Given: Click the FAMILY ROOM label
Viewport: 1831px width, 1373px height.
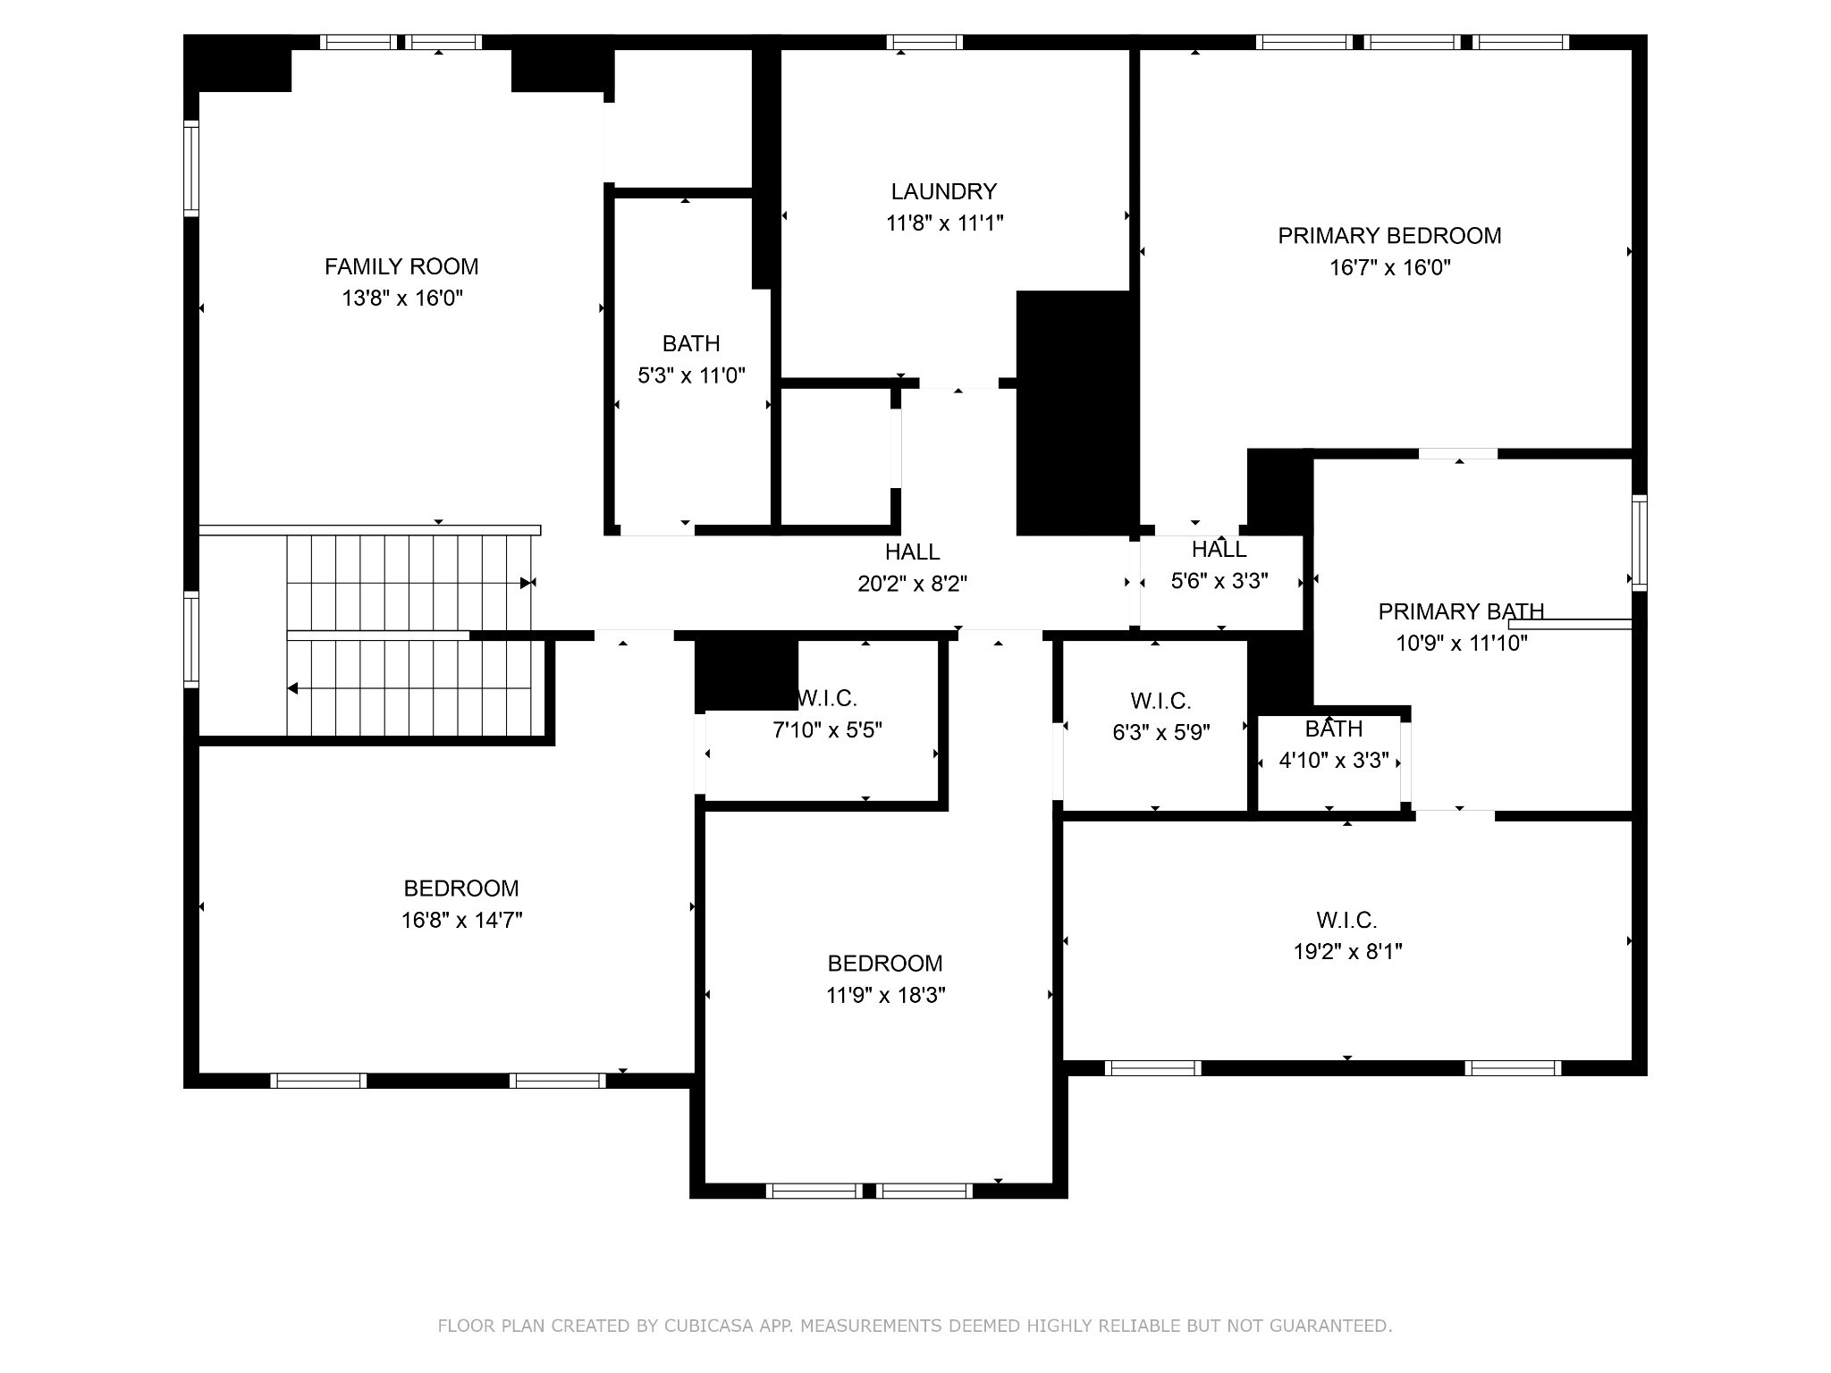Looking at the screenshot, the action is [x=401, y=266].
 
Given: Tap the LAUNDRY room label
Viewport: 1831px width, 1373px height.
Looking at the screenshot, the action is [x=943, y=191].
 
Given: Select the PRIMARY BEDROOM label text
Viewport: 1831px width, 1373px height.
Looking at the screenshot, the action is [x=1389, y=236].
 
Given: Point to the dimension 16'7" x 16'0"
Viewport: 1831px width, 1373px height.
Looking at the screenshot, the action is [x=1389, y=267].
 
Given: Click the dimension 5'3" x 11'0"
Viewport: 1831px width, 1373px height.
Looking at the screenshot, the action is [x=691, y=375].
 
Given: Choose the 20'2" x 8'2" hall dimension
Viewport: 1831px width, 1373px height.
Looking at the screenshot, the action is [x=912, y=584].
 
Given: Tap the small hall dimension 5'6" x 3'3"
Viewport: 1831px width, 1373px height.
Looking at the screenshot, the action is [x=1219, y=581].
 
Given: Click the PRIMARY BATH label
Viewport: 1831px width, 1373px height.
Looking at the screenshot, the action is [x=1461, y=611].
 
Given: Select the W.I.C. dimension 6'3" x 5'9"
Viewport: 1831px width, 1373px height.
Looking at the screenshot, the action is [x=1160, y=733].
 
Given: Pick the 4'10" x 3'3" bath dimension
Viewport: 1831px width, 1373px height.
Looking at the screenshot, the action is [x=1334, y=761].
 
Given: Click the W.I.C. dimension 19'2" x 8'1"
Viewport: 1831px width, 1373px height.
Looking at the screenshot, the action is [x=1347, y=952].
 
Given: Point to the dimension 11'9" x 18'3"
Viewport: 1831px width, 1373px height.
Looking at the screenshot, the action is [x=885, y=996].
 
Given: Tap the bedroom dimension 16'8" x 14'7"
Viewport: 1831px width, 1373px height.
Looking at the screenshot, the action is [x=461, y=921].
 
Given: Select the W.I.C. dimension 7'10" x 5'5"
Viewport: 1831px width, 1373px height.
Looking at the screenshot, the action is [x=827, y=730].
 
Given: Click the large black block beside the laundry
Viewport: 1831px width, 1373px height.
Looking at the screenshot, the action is [x=1074, y=413].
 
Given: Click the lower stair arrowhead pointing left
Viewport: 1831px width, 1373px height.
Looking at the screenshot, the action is [x=291, y=688].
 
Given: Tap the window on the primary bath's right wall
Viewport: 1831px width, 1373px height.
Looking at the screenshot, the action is [x=1639, y=543].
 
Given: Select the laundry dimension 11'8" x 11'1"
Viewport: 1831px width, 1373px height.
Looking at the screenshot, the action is [x=944, y=223].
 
